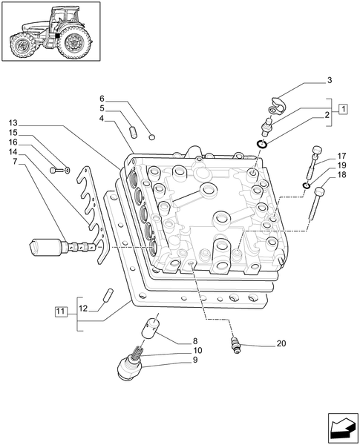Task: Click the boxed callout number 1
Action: (344, 108)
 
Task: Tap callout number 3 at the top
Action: (329, 79)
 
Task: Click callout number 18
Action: (342, 175)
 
